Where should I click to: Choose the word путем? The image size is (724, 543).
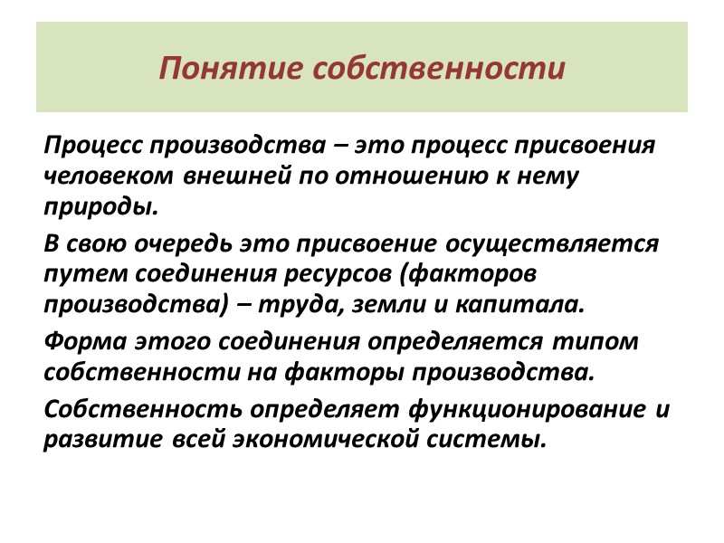click(x=76, y=274)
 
